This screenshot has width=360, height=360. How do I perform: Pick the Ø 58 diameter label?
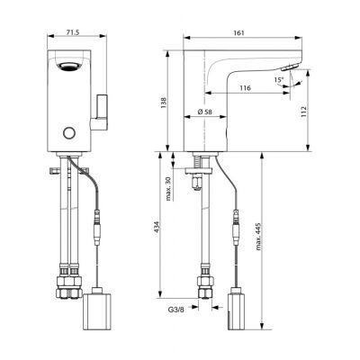(204, 112)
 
